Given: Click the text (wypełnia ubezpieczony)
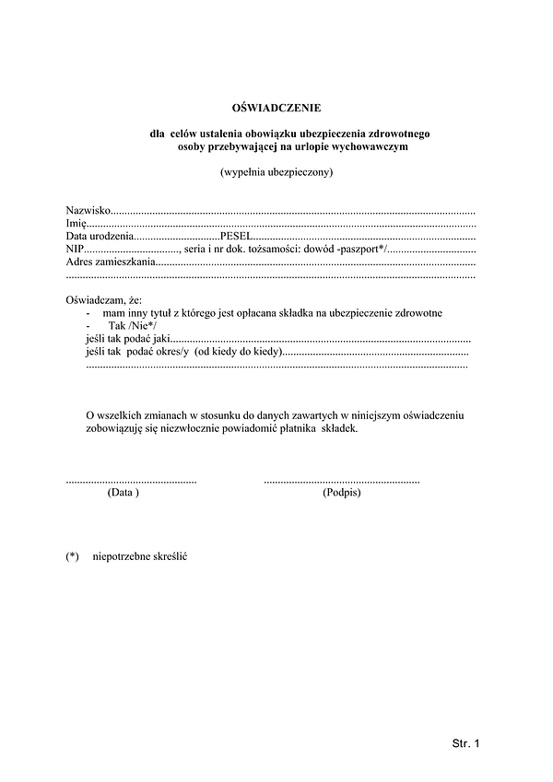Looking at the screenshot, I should (276, 172).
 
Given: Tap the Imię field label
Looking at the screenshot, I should (75, 224).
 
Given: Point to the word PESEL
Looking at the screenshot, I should (236, 237).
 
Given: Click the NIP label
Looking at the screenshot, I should (75, 250).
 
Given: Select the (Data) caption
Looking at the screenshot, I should (124, 494).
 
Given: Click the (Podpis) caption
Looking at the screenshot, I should (342, 494).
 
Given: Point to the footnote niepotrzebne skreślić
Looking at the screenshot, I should (140, 558).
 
